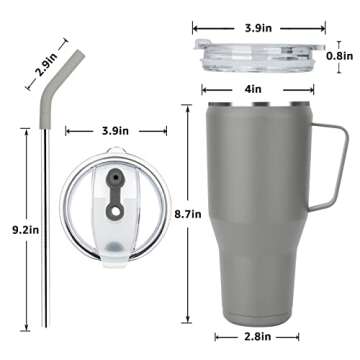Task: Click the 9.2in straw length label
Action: click(x=26, y=230)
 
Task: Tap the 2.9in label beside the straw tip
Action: click(x=47, y=64)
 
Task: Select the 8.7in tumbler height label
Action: click(x=188, y=214)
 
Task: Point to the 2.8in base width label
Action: click(x=257, y=337)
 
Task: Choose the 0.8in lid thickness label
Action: click(x=339, y=56)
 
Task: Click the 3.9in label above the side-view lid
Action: click(x=258, y=28)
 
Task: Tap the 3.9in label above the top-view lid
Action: click(x=115, y=131)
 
